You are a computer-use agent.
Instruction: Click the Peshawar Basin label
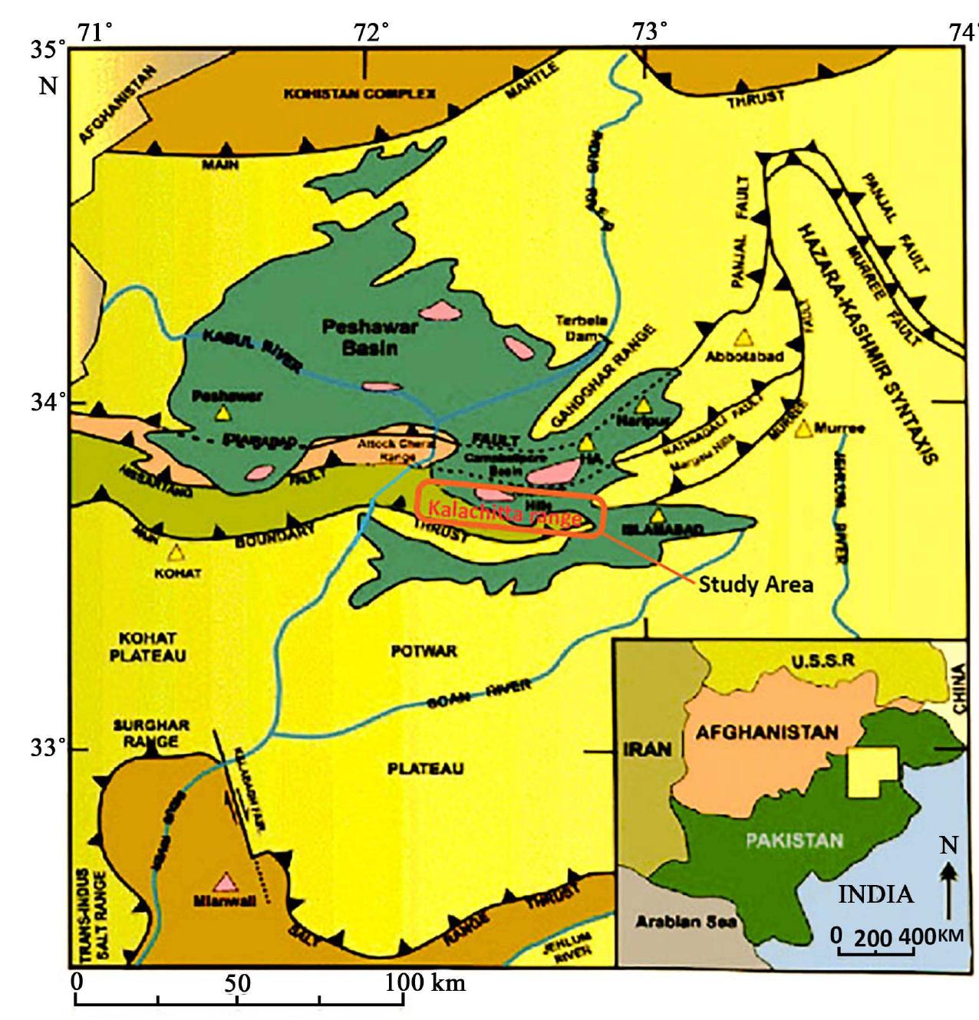(370, 337)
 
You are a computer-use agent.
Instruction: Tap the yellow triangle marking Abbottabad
(742, 337)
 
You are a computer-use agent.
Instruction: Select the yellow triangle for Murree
(803, 429)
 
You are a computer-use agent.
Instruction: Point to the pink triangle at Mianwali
(225, 881)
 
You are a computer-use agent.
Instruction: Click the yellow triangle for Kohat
(176, 552)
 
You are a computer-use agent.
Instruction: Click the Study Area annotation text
(755, 585)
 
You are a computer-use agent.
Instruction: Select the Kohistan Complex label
(360, 94)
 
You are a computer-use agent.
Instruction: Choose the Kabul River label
(252, 350)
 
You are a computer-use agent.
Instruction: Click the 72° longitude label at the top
(372, 33)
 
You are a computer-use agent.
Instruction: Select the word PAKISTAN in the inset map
(794, 840)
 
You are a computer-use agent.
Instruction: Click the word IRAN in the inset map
(647, 749)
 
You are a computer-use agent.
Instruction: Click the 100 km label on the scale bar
(424, 982)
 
